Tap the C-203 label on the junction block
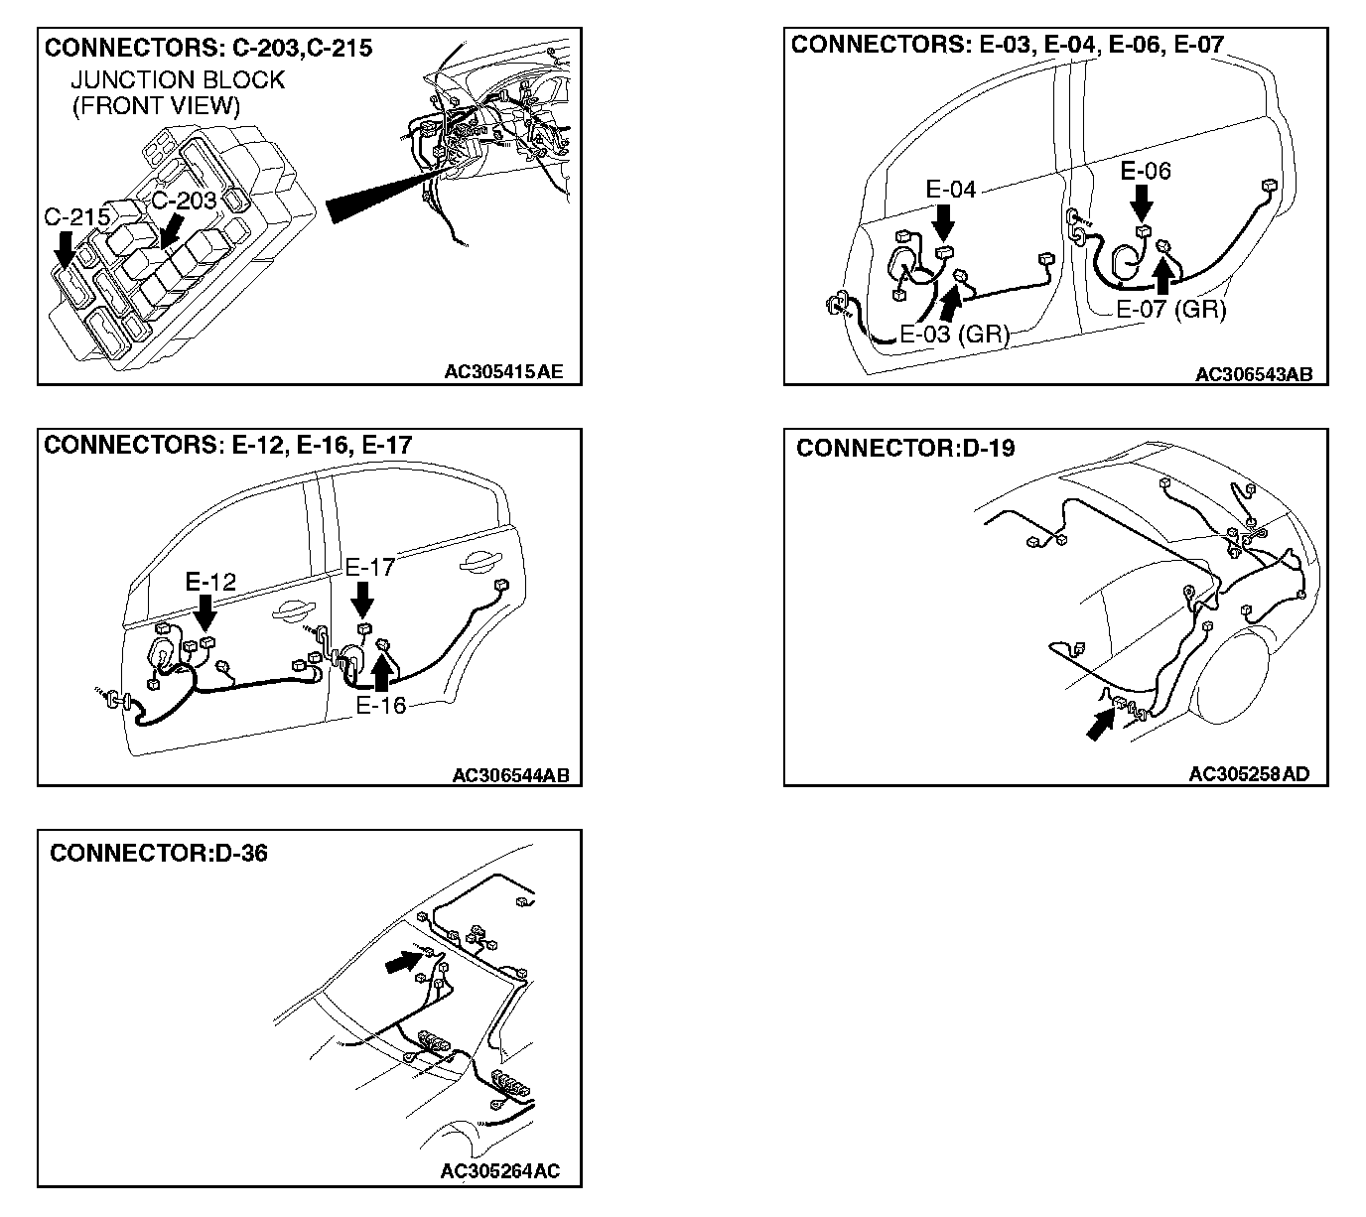pos(183,200)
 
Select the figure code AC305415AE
pos(503,372)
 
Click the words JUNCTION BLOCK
pos(178,80)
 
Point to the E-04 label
pos(950,190)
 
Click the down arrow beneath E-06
pos(1143,203)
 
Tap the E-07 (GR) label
pos(1170,309)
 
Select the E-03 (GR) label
pos(954,334)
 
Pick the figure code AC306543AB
pos(1254,374)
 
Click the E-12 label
pos(210,582)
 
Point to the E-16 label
pos(380,706)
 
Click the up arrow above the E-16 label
pos(381,673)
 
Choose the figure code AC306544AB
pos(510,775)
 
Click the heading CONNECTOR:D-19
pos(905,449)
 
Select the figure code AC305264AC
pos(499,1171)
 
